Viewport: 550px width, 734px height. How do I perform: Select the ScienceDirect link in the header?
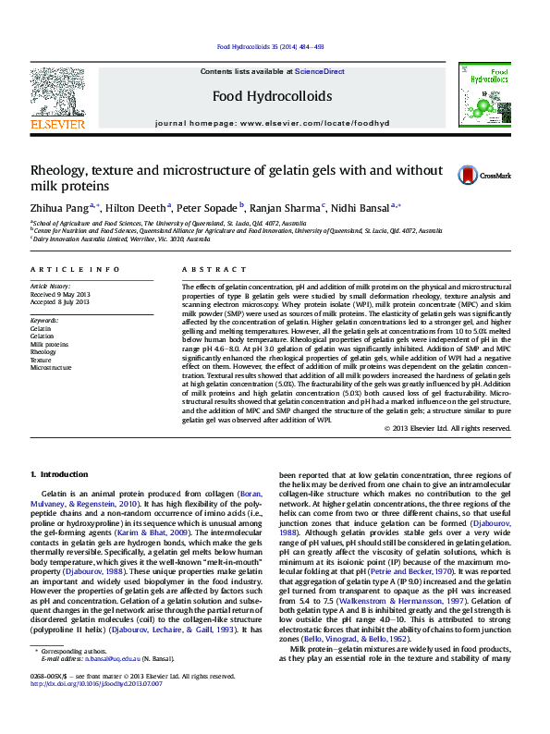coord(319,71)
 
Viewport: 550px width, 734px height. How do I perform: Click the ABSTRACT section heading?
coord(208,269)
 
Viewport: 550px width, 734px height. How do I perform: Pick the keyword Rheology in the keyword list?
coord(43,352)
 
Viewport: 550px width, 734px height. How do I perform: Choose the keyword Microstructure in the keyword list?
coord(50,367)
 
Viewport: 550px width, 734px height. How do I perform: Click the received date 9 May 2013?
coord(72,295)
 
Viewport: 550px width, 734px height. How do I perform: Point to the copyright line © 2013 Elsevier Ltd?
coord(446,428)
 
